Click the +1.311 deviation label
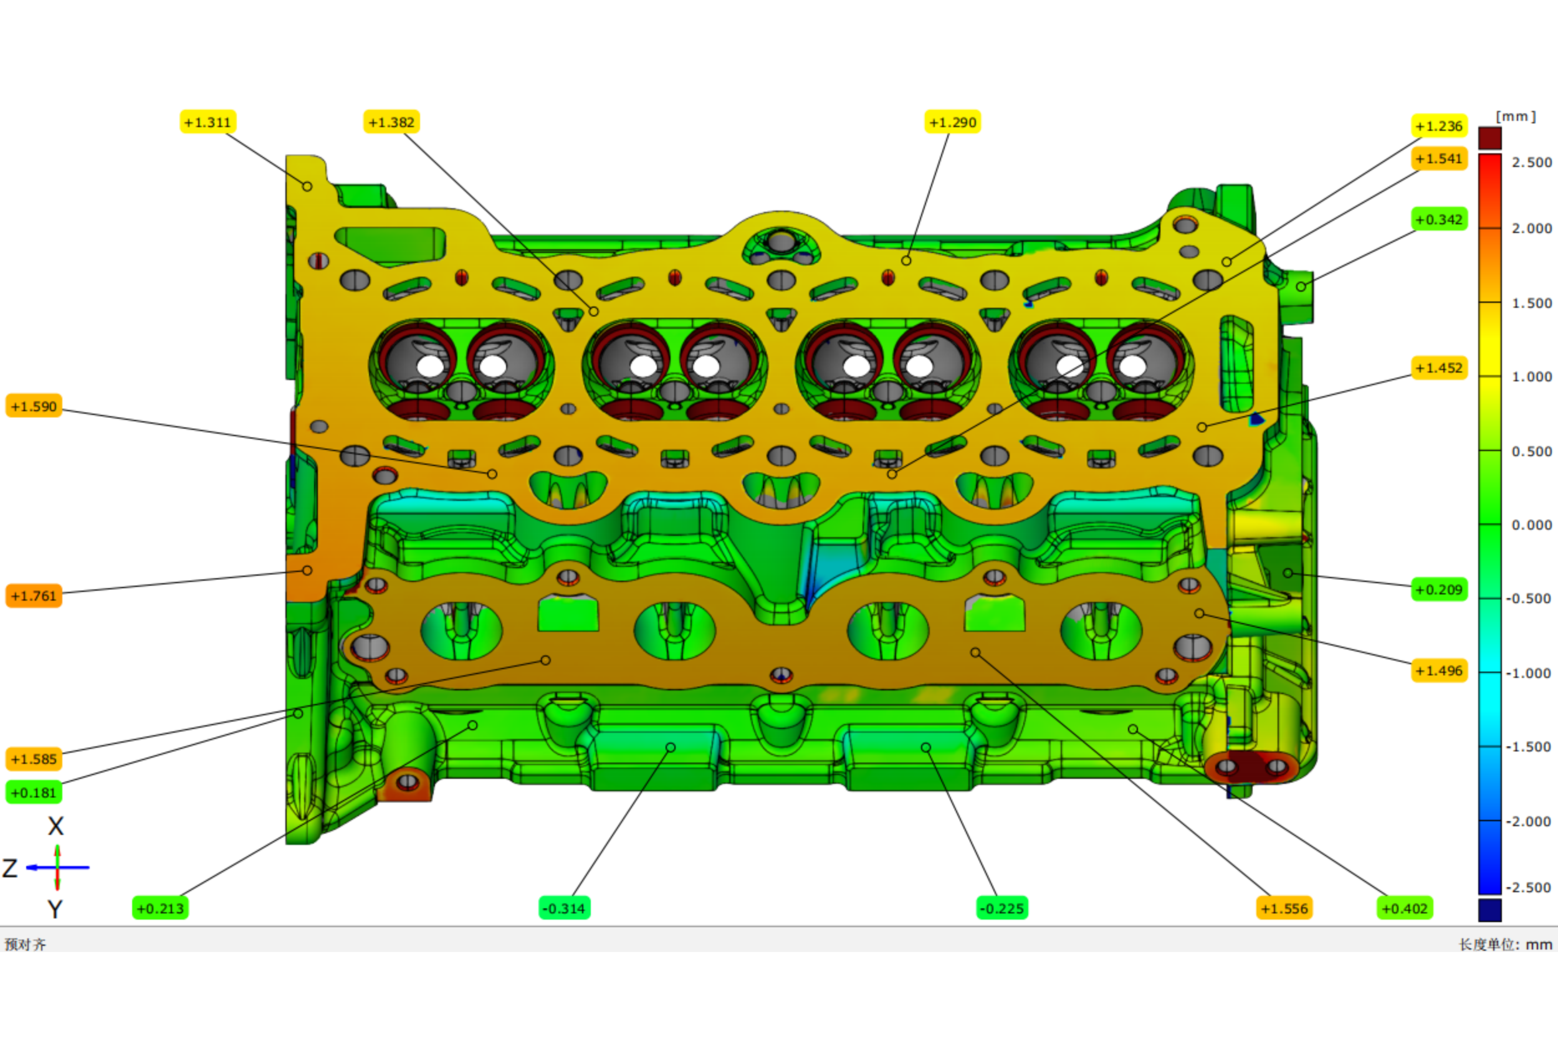click(208, 123)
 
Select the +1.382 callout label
click(391, 123)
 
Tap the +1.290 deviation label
click(953, 123)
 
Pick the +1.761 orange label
click(34, 596)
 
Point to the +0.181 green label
click(34, 793)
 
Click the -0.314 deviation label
click(564, 908)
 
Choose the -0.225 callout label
click(1003, 908)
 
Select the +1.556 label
click(1284, 908)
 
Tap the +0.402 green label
click(1405, 908)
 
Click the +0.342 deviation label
click(1440, 219)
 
